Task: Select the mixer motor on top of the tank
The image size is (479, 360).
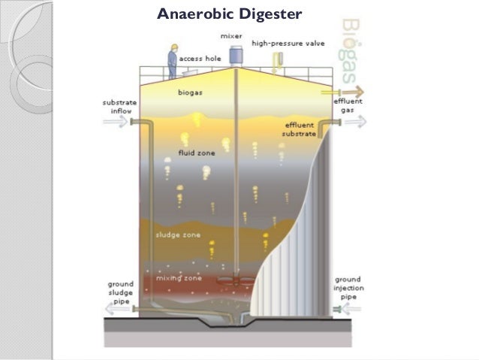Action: click(236, 55)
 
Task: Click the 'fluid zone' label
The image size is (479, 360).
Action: click(197, 153)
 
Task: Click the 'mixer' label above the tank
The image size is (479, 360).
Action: click(230, 36)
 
